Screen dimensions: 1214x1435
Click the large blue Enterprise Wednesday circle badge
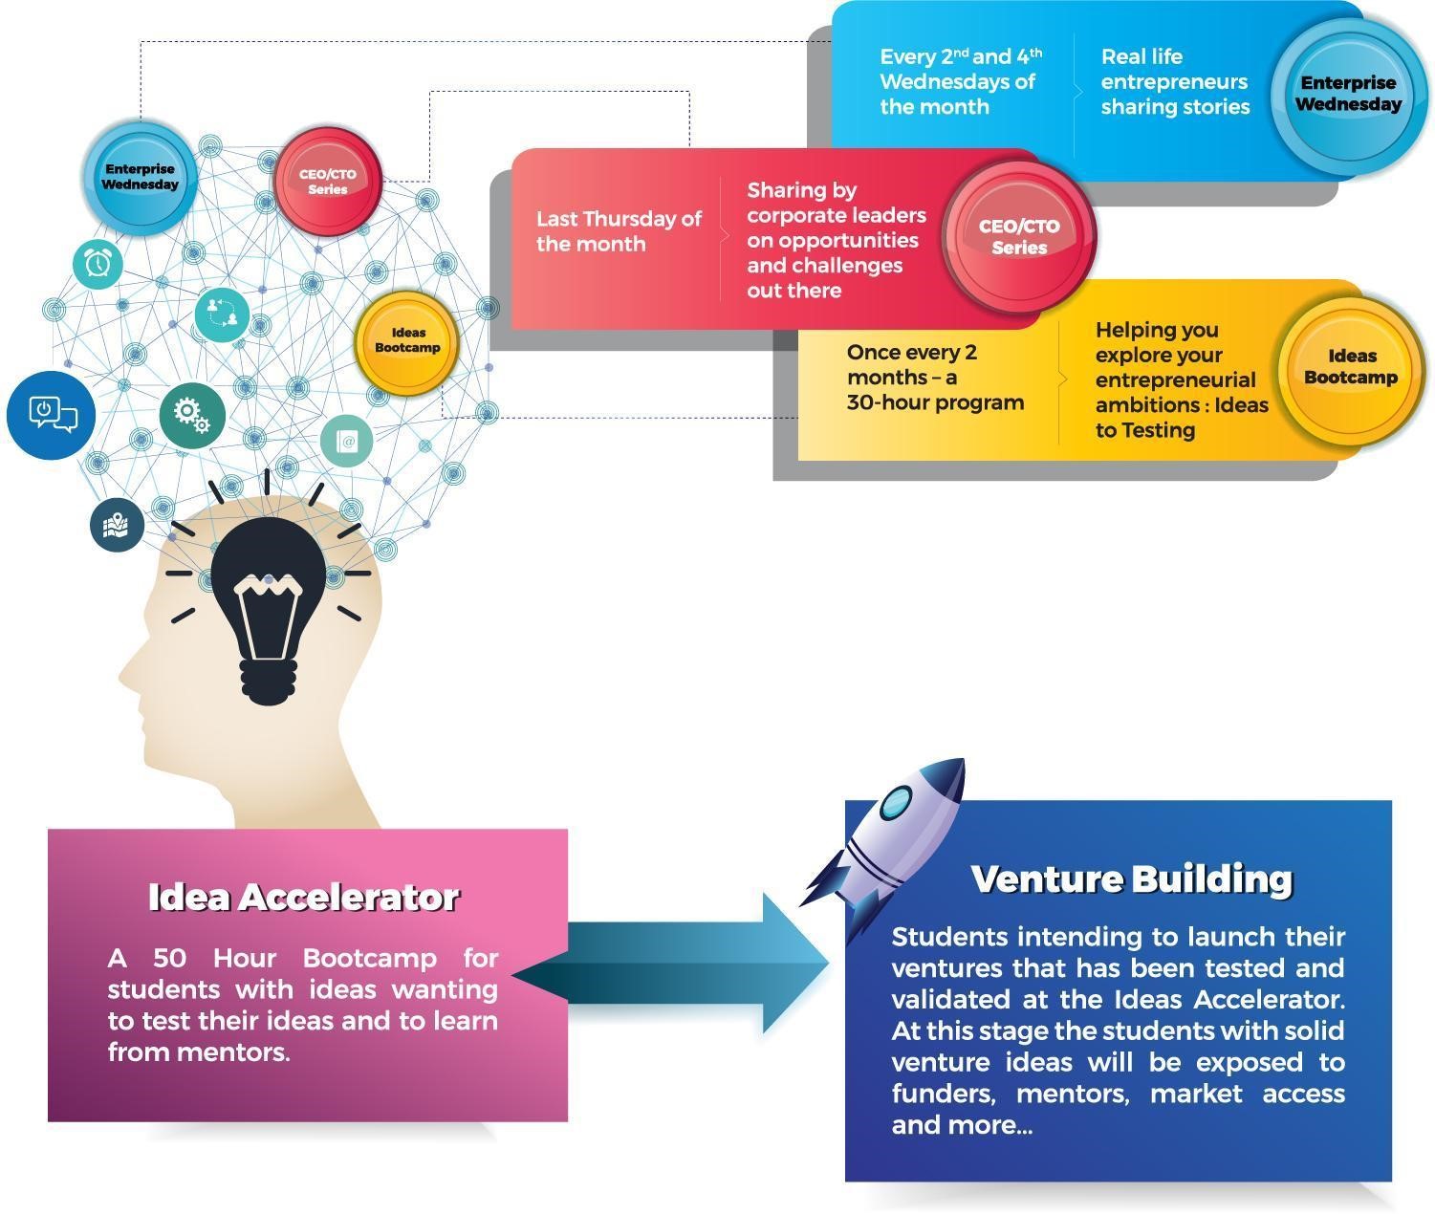1348,94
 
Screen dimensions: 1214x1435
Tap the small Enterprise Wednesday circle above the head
141,177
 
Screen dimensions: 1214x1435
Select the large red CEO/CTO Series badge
1018,236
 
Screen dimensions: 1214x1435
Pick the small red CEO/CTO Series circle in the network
328,181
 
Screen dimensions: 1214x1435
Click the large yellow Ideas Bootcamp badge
1350,367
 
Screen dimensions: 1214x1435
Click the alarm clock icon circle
98,262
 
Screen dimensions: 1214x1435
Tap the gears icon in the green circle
191,415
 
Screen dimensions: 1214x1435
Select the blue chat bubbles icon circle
51,415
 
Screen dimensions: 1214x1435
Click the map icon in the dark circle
117,525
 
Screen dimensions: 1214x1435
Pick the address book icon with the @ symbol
346,441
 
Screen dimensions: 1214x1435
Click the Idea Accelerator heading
304,897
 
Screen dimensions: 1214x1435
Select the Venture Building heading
1131,878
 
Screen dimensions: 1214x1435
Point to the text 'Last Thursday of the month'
619,231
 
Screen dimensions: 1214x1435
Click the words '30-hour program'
934,402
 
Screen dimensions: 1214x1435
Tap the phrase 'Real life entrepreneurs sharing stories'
1175,81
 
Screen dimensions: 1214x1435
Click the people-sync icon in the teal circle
222,313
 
